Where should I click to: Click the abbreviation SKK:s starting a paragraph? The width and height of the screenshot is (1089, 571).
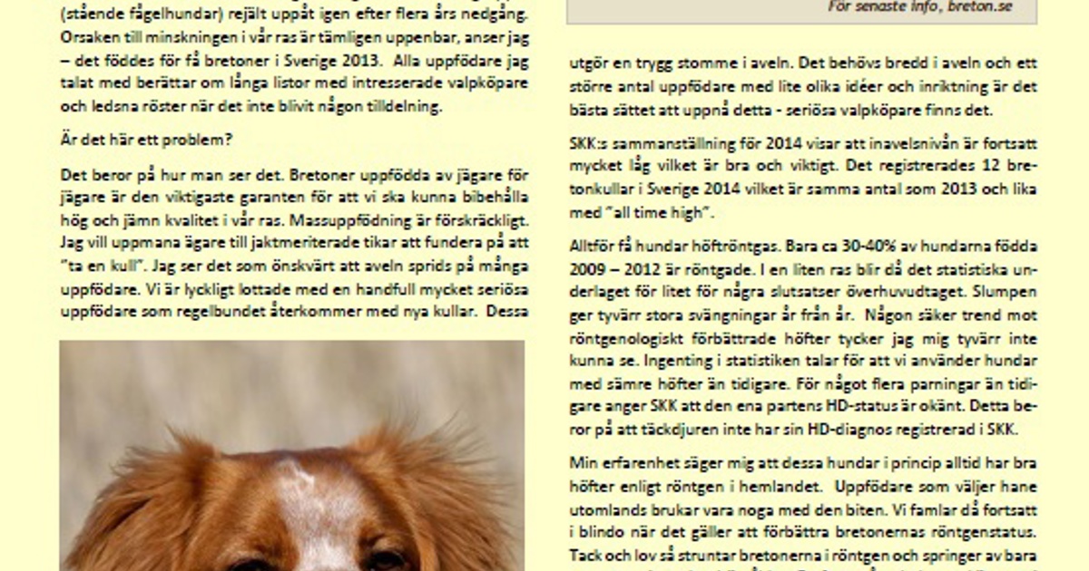(591, 144)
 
